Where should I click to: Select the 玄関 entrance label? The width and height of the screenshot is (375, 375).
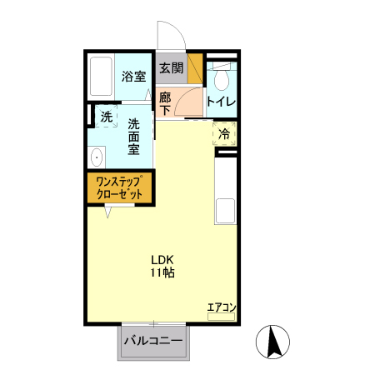(x=171, y=68)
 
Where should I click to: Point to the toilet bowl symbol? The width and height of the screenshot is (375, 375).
(x=221, y=80)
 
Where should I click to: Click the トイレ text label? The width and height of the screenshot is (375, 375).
(x=221, y=102)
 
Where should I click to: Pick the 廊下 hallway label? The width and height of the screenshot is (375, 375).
(x=165, y=102)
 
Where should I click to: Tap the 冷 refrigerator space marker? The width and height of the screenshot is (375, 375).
(x=224, y=133)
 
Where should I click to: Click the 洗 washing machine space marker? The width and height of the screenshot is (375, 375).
(x=106, y=117)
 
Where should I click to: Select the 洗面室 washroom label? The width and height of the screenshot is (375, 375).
(x=133, y=137)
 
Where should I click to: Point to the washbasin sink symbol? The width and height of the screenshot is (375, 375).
(x=96, y=156)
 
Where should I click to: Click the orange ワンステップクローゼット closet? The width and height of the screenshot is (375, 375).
(x=120, y=187)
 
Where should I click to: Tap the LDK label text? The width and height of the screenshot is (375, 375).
(x=162, y=257)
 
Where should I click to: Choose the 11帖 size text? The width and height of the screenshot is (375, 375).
(x=162, y=272)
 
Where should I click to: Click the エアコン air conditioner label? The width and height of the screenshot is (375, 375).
(x=221, y=307)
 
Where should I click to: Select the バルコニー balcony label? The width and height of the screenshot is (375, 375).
(x=154, y=340)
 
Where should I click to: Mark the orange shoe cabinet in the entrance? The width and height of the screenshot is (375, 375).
(x=196, y=68)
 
